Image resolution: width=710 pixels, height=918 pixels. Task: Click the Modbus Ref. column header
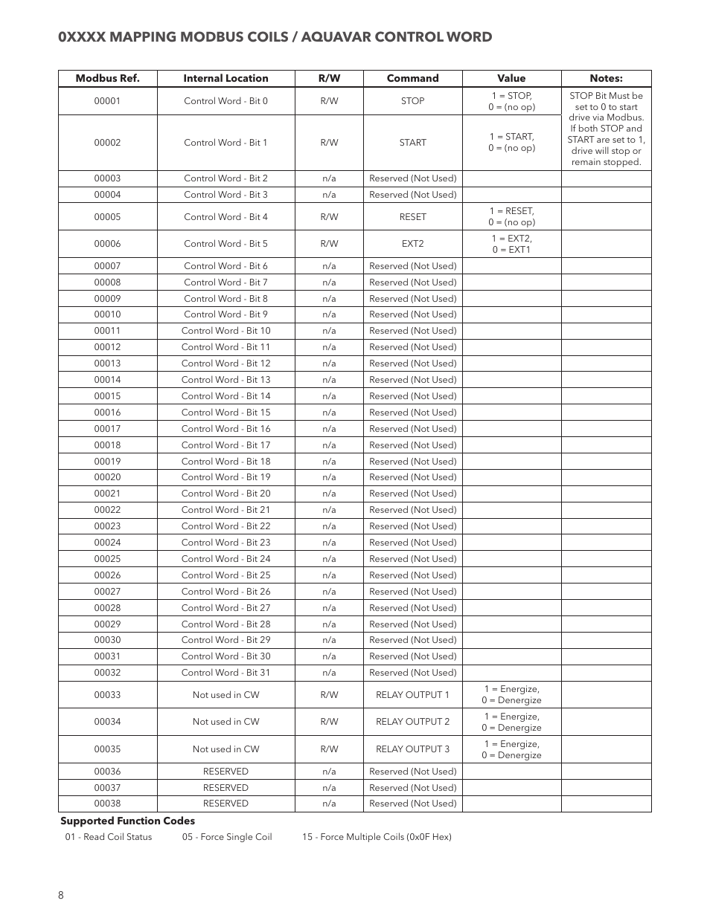(107, 78)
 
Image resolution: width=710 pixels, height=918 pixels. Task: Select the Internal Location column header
(226, 78)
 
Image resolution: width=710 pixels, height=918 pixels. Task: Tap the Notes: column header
(606, 78)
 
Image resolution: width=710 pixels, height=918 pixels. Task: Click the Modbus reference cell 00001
(107, 101)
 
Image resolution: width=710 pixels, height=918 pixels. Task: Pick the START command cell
(412, 143)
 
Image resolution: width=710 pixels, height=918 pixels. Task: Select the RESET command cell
(412, 217)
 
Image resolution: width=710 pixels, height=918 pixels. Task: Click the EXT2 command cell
(412, 244)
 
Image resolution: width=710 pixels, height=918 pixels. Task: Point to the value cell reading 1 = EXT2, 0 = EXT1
(511, 244)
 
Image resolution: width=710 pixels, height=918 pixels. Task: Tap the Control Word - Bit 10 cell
(226, 331)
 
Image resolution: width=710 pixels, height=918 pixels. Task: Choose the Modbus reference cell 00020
(107, 477)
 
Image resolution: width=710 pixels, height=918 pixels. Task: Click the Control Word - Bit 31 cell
(226, 673)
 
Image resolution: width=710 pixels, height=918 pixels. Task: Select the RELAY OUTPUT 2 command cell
(412, 722)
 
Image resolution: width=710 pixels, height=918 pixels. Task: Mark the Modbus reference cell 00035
(107, 749)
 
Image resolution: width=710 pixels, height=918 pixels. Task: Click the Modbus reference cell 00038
(107, 804)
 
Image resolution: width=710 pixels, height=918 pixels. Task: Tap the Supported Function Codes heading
(127, 821)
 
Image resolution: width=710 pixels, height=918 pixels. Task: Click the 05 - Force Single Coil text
(227, 837)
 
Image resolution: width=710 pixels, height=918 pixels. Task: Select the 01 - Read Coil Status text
(108, 837)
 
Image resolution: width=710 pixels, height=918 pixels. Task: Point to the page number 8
(61, 895)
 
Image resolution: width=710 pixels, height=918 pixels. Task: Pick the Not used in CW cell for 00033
(226, 695)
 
